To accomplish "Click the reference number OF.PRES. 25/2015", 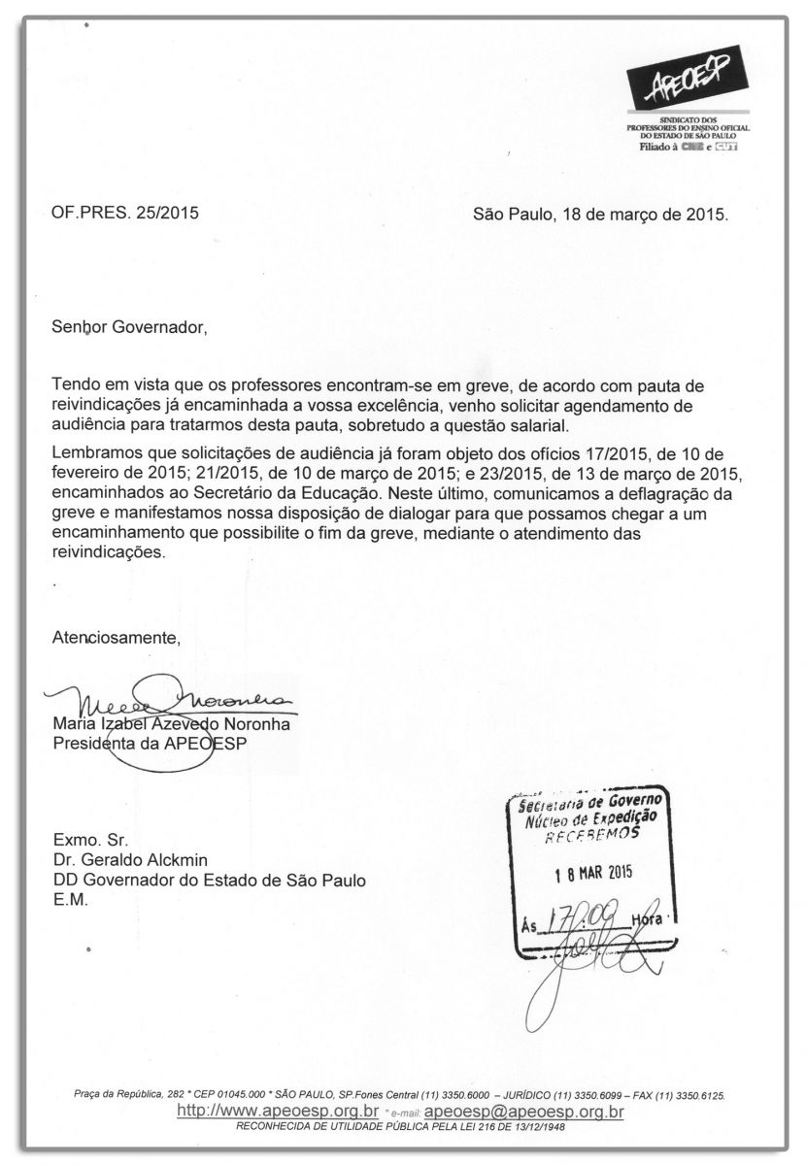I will tap(125, 213).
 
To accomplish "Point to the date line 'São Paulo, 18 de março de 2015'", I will tap(600, 213).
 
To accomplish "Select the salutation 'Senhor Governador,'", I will tap(129, 327).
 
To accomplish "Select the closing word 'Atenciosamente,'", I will tap(117, 638).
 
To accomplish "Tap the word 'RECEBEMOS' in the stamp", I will tap(590, 833).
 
